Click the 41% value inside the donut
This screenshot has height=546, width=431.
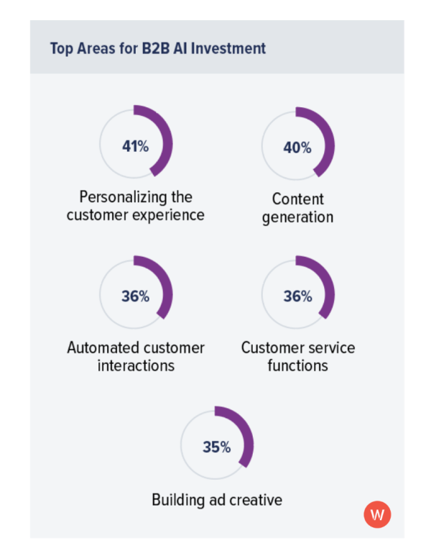[x=135, y=146]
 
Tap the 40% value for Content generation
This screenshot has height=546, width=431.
[x=297, y=147]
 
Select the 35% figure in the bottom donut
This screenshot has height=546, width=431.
[x=216, y=447]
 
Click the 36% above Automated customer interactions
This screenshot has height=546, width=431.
[x=135, y=296]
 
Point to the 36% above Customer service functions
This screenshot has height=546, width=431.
[x=297, y=296]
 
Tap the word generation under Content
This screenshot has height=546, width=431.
[x=297, y=217]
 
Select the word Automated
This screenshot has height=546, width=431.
[x=103, y=347]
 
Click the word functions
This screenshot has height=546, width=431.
[x=297, y=365]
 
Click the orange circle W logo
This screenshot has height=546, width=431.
[x=377, y=514]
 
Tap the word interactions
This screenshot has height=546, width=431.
[x=136, y=365]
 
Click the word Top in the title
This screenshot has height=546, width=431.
[x=60, y=48]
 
